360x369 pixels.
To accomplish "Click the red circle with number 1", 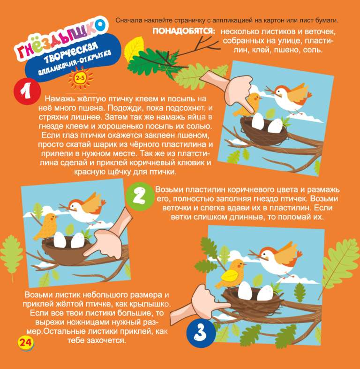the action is (27, 91).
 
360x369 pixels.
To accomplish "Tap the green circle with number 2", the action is (139, 196).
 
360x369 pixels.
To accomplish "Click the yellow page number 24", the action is (25, 342).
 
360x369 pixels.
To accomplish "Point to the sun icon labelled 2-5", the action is (80, 77).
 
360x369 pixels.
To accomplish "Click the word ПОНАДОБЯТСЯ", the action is (184, 31).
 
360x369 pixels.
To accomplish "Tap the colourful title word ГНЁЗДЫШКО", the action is (60, 37).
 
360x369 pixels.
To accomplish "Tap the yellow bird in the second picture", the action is (46, 226).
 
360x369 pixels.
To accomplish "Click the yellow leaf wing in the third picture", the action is (229, 275).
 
